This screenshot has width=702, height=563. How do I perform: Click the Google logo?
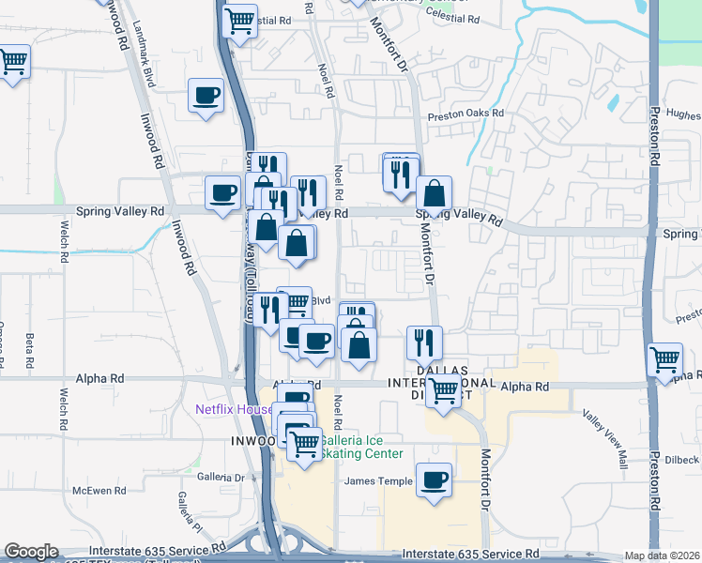click(31, 552)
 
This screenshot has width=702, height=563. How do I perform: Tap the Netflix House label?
click(233, 409)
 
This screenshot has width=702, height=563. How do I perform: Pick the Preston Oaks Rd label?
click(465, 114)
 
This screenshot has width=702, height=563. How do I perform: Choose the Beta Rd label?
click(30, 349)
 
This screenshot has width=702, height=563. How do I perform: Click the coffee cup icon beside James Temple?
click(434, 480)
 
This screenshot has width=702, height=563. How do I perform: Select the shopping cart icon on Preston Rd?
click(664, 358)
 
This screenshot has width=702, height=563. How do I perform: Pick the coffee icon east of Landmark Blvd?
click(206, 95)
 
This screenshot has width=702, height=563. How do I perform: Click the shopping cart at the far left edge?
click(11, 62)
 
